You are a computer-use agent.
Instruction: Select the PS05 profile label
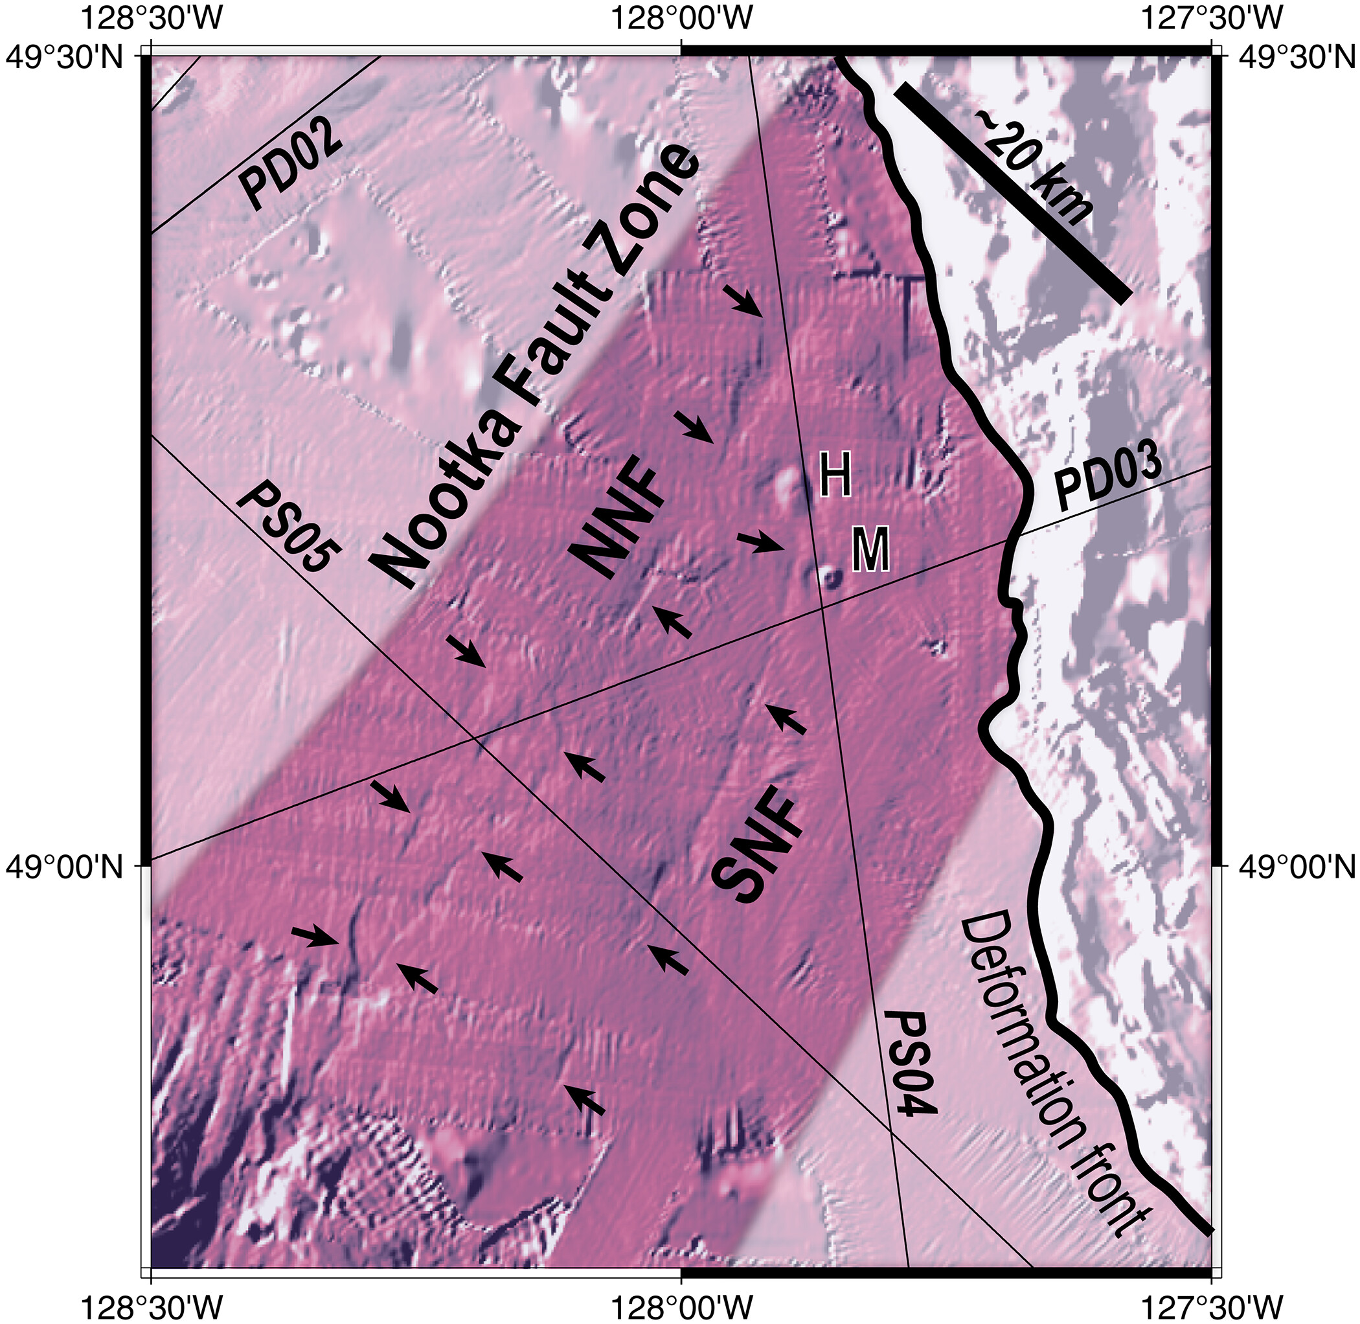pyautogui.click(x=290, y=529)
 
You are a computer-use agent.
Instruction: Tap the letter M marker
pyautogui.click(x=870, y=549)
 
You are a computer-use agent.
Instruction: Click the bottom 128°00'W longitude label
pyautogui.click(x=682, y=1306)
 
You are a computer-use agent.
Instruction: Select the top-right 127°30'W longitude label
pyautogui.click(x=1212, y=19)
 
